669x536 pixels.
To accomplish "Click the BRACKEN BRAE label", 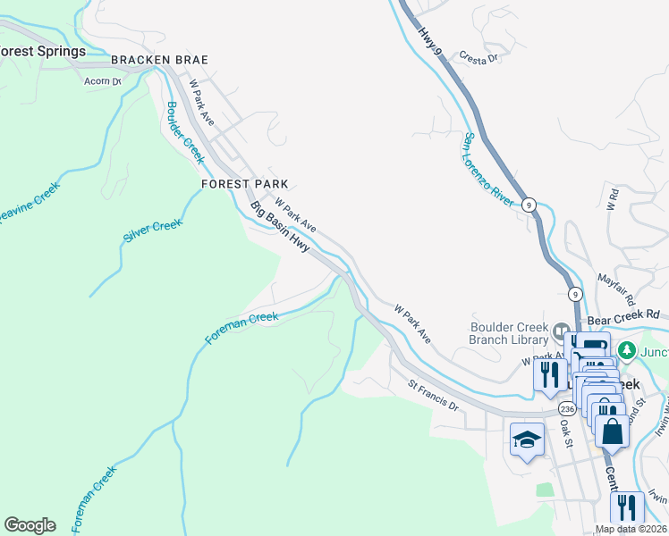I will click(x=159, y=60).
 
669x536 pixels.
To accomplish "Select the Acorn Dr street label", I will click(x=102, y=81).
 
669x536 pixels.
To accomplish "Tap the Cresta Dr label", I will click(x=478, y=55).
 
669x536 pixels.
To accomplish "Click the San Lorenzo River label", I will click(x=487, y=170).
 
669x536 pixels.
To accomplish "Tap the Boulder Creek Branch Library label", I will click(x=509, y=333).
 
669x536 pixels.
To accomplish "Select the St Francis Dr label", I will click(x=433, y=396).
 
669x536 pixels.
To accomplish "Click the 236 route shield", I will click(x=567, y=407).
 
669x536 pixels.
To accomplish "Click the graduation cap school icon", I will click(x=527, y=439).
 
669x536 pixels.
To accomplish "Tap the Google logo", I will click(x=30, y=525).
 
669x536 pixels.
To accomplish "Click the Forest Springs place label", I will click(x=42, y=51).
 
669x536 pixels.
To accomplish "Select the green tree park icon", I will click(x=628, y=349).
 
